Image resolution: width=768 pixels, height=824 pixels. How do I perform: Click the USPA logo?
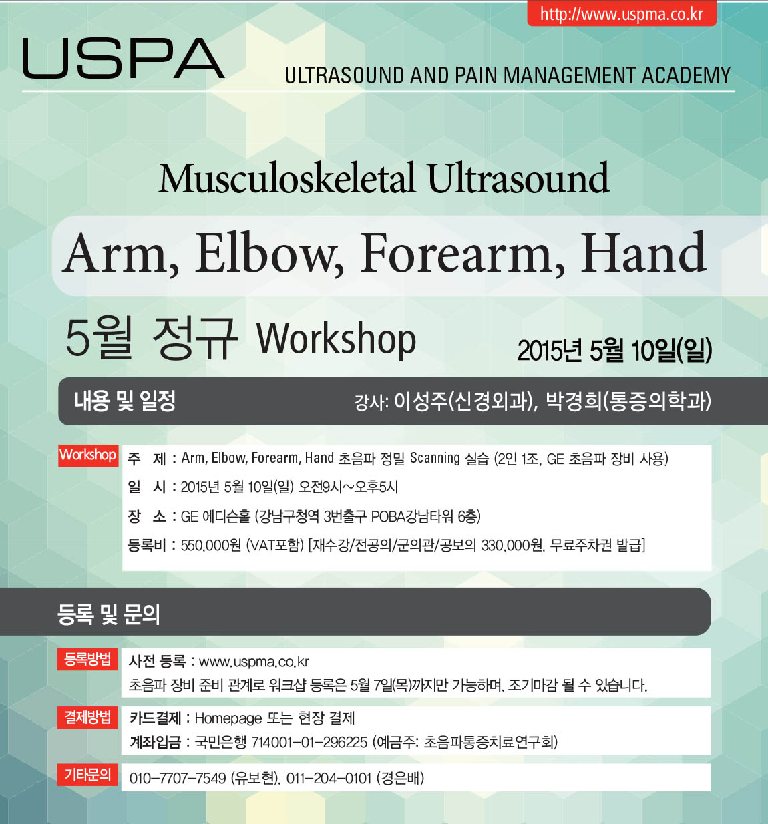[x=124, y=59]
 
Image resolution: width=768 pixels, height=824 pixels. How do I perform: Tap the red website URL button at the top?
[x=622, y=14]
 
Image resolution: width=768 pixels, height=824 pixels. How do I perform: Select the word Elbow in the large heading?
[x=270, y=253]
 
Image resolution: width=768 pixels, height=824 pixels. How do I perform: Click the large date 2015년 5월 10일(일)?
[x=615, y=350]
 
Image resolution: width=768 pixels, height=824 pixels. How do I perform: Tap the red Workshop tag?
[x=88, y=455]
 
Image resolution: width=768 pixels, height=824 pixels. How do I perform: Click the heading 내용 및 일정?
[x=125, y=401]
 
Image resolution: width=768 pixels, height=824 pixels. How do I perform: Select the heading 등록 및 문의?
[x=108, y=614]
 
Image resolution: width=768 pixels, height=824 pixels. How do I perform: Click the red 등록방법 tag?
[x=87, y=659]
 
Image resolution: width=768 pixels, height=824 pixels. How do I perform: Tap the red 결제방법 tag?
[x=87, y=717]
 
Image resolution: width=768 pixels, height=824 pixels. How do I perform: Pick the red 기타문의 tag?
[x=87, y=774]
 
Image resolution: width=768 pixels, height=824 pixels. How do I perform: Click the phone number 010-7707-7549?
[x=178, y=778]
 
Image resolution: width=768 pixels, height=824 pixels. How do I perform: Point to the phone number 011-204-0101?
[x=329, y=778]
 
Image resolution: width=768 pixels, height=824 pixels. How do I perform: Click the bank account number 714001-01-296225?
[x=309, y=741]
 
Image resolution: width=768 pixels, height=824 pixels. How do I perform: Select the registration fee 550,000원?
[x=211, y=545]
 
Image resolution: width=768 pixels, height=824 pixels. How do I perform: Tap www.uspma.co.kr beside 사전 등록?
[x=254, y=662]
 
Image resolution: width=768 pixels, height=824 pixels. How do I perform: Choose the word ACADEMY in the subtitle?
[x=685, y=75]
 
